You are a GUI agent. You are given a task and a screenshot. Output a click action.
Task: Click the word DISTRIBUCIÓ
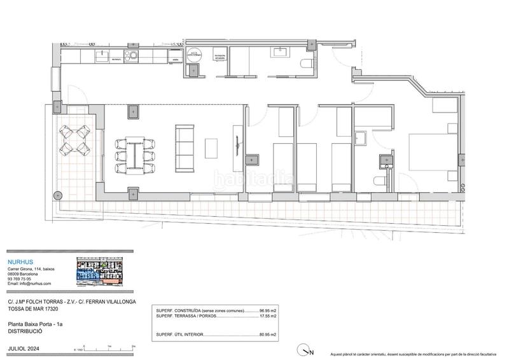25,331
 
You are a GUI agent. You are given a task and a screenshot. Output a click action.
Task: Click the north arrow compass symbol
306,349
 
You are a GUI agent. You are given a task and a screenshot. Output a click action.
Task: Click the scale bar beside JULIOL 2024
105,347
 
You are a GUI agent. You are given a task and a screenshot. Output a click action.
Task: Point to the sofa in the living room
185,148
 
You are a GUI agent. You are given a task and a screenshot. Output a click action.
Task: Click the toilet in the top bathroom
306,62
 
